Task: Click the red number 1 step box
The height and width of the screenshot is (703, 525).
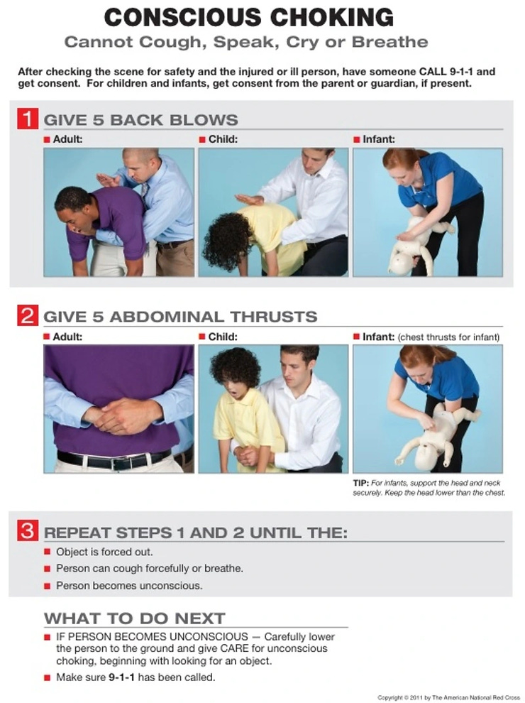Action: click(x=27, y=118)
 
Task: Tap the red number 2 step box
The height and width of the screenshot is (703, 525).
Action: click(x=27, y=315)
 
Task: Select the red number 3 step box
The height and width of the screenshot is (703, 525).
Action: click(x=27, y=530)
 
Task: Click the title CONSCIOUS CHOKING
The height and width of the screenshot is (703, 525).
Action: click(x=248, y=16)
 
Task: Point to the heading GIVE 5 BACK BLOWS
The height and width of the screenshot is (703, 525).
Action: click(x=141, y=119)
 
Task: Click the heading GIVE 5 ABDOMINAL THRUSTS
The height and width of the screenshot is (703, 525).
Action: click(x=181, y=317)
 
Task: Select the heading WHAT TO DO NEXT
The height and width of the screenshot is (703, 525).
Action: click(x=135, y=617)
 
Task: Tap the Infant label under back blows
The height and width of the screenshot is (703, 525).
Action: click(x=379, y=139)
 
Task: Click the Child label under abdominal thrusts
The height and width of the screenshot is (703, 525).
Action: click(x=223, y=337)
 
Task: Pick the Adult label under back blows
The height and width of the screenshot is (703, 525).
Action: click(x=67, y=139)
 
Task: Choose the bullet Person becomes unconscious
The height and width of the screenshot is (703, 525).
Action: click(x=129, y=586)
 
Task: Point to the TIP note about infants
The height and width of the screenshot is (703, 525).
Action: click(x=429, y=488)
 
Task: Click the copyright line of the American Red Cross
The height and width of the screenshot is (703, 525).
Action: click(x=448, y=697)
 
